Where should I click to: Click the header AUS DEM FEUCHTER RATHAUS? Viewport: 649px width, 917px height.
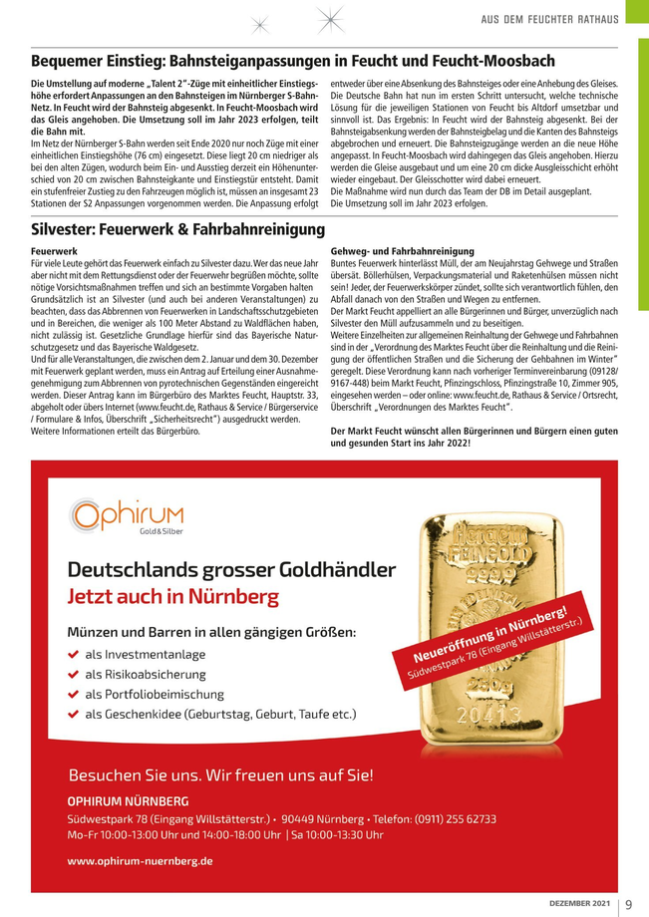550,19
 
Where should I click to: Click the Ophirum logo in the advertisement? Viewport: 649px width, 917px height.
127,516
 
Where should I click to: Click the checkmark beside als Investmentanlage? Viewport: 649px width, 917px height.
73,655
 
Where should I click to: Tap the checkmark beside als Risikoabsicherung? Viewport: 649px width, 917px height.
73,675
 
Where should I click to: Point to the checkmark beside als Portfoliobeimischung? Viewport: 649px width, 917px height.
73,695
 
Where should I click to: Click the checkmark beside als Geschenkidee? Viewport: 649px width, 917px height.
73,715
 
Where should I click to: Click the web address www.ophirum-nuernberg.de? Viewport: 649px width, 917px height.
141,859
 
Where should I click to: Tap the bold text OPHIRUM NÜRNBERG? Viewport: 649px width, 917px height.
128,801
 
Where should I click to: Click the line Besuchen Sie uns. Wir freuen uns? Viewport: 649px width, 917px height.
220,774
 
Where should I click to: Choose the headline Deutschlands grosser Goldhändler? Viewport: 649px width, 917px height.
231,570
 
